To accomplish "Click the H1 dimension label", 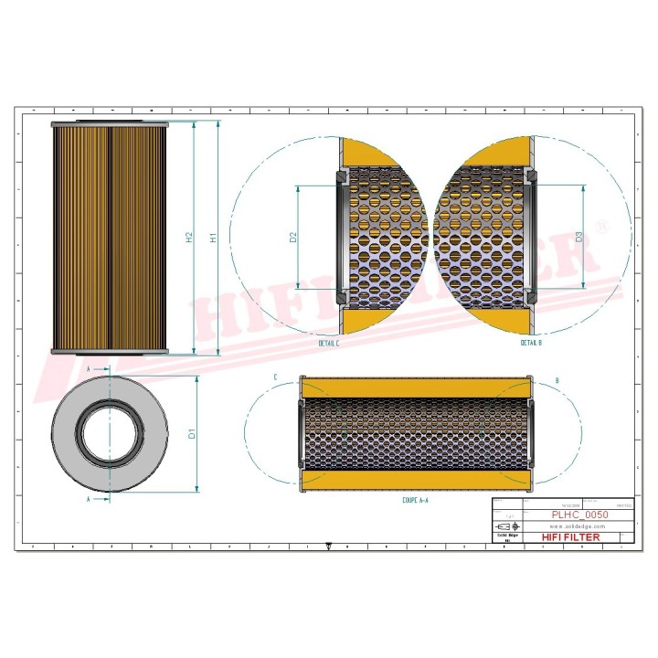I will (x=212, y=239).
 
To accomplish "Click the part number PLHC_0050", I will (x=578, y=515).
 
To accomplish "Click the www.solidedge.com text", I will (x=578, y=527).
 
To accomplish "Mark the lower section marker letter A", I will (x=88, y=501).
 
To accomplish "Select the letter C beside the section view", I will (x=275, y=377).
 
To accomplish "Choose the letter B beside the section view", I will (x=557, y=377).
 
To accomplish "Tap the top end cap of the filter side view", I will (x=110, y=122).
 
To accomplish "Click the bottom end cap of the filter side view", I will (x=110, y=352).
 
